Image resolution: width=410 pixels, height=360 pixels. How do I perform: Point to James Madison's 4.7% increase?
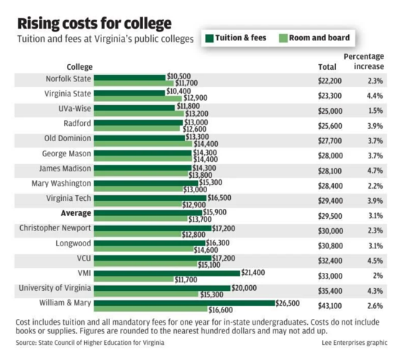(x=374, y=171)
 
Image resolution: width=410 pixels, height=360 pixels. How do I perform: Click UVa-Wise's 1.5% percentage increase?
(x=374, y=112)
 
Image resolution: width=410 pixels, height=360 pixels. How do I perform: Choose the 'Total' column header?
(x=327, y=67)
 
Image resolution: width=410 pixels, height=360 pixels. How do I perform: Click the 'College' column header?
(x=79, y=67)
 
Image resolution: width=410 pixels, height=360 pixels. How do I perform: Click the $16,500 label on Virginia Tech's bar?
(x=220, y=197)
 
